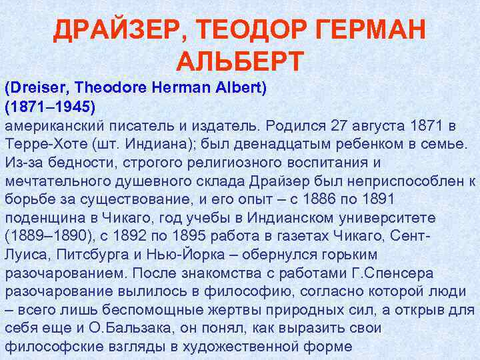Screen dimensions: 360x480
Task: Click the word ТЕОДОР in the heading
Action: [249, 29]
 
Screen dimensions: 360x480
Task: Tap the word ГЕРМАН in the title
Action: [374, 29]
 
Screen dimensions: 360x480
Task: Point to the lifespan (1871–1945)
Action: [51, 107]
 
